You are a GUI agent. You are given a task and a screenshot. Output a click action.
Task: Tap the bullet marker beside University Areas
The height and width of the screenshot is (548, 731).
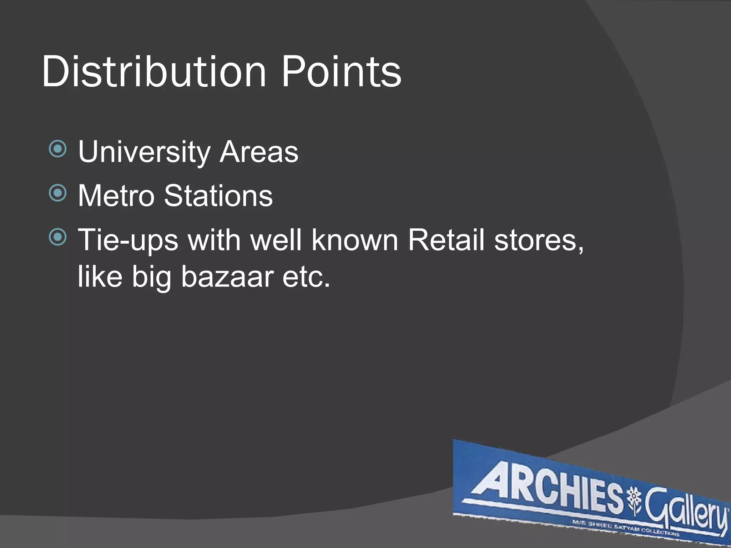click(58, 149)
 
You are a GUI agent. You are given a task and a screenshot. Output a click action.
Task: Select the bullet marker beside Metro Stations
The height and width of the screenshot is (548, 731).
click(58, 193)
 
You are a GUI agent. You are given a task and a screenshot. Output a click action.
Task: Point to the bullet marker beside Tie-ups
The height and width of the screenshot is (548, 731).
click(58, 237)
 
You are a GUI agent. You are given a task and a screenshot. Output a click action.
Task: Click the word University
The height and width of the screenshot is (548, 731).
click(144, 152)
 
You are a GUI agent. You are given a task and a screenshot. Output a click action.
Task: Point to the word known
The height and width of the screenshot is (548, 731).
click(355, 240)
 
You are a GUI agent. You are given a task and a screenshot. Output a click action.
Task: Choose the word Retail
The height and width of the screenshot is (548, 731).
click(446, 240)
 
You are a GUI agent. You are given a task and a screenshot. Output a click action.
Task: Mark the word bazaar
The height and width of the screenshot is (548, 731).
click(227, 276)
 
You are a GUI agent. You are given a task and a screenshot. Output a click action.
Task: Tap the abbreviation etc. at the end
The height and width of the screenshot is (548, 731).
click(306, 277)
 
